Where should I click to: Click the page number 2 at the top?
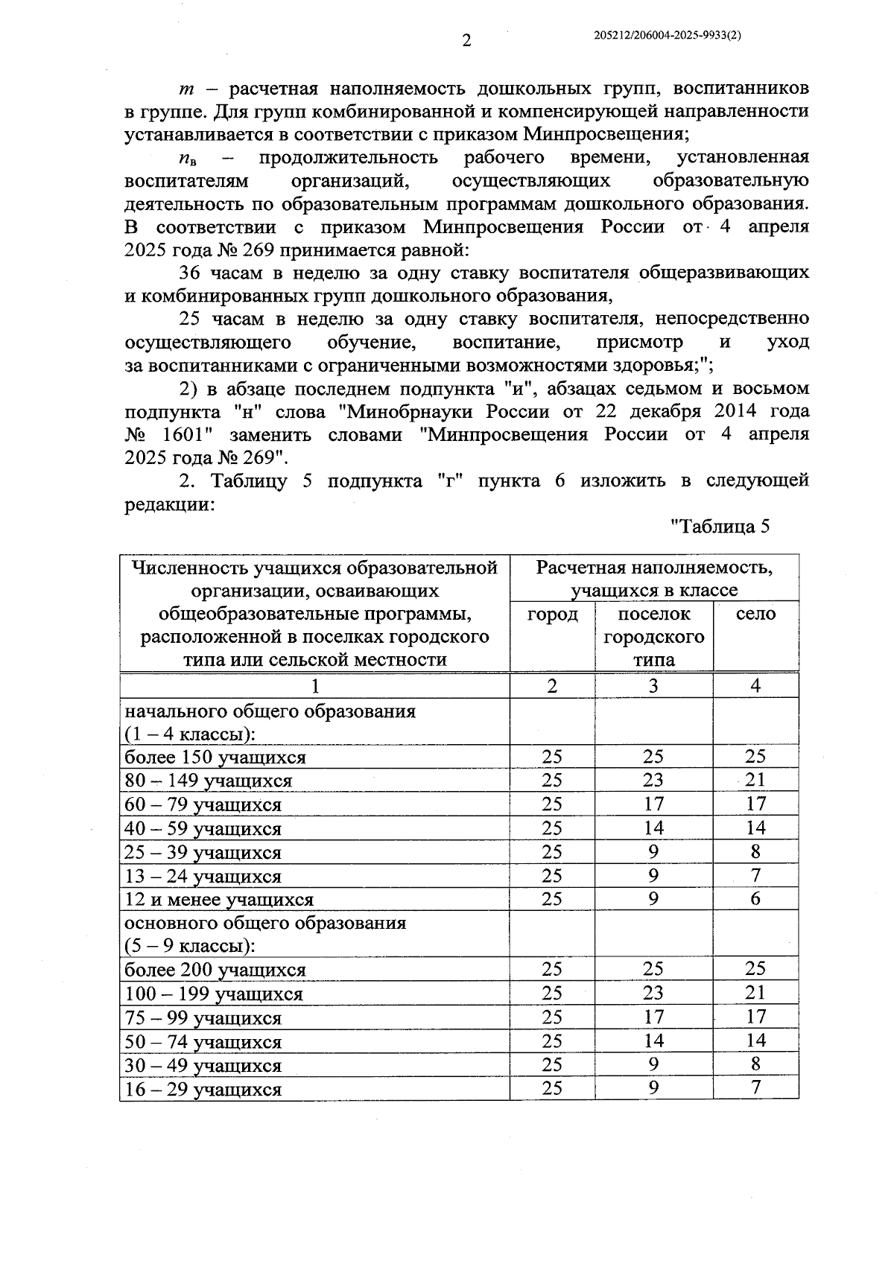(466, 41)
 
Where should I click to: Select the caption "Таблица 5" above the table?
(720, 527)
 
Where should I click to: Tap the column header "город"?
(552, 614)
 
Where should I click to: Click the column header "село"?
(755, 614)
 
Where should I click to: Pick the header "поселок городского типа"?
(653, 637)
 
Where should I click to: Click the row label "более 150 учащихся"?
(215, 758)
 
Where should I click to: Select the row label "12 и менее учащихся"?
(219, 900)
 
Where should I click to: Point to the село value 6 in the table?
(755, 899)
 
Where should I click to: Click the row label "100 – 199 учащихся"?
(214, 994)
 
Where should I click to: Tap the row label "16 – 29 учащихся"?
(203, 1090)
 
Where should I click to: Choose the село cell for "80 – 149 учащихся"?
(755, 781)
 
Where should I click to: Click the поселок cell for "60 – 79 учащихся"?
(653, 804)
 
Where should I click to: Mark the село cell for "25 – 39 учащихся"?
(755, 852)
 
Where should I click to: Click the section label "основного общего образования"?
(265, 924)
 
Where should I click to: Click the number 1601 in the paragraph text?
(178, 435)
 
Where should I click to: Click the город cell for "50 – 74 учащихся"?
(552, 1041)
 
